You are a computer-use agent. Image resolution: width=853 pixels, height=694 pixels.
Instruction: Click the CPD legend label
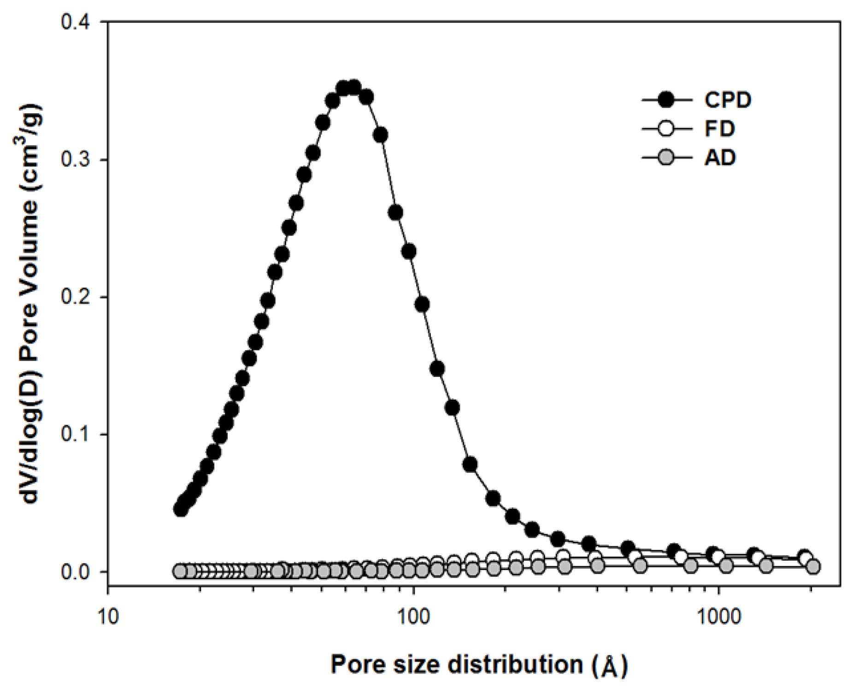[727, 100]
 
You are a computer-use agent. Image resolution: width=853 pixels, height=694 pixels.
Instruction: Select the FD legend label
[719, 129]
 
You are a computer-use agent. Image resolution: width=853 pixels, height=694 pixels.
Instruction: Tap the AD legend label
[720, 158]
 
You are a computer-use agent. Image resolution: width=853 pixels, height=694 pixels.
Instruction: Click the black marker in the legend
[666, 100]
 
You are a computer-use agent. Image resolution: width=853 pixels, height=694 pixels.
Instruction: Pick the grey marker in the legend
[666, 158]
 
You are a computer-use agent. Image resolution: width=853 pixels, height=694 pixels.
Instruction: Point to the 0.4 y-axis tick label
[80, 22]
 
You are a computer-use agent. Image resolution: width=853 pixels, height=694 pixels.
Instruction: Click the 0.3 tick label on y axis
[80, 159]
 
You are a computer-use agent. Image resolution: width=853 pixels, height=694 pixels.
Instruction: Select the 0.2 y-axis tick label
[80, 297]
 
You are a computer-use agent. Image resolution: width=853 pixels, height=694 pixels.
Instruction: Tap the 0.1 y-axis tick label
[80, 434]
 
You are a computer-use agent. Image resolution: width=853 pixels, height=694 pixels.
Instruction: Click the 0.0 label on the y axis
[80, 571]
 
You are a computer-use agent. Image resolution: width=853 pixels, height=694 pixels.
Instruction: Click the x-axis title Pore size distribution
[479, 665]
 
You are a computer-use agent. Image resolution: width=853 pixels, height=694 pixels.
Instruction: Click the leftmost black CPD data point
[181, 509]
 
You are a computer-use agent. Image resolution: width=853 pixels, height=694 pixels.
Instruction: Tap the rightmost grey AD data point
[813, 566]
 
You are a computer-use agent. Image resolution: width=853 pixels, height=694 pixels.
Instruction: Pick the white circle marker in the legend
[666, 129]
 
